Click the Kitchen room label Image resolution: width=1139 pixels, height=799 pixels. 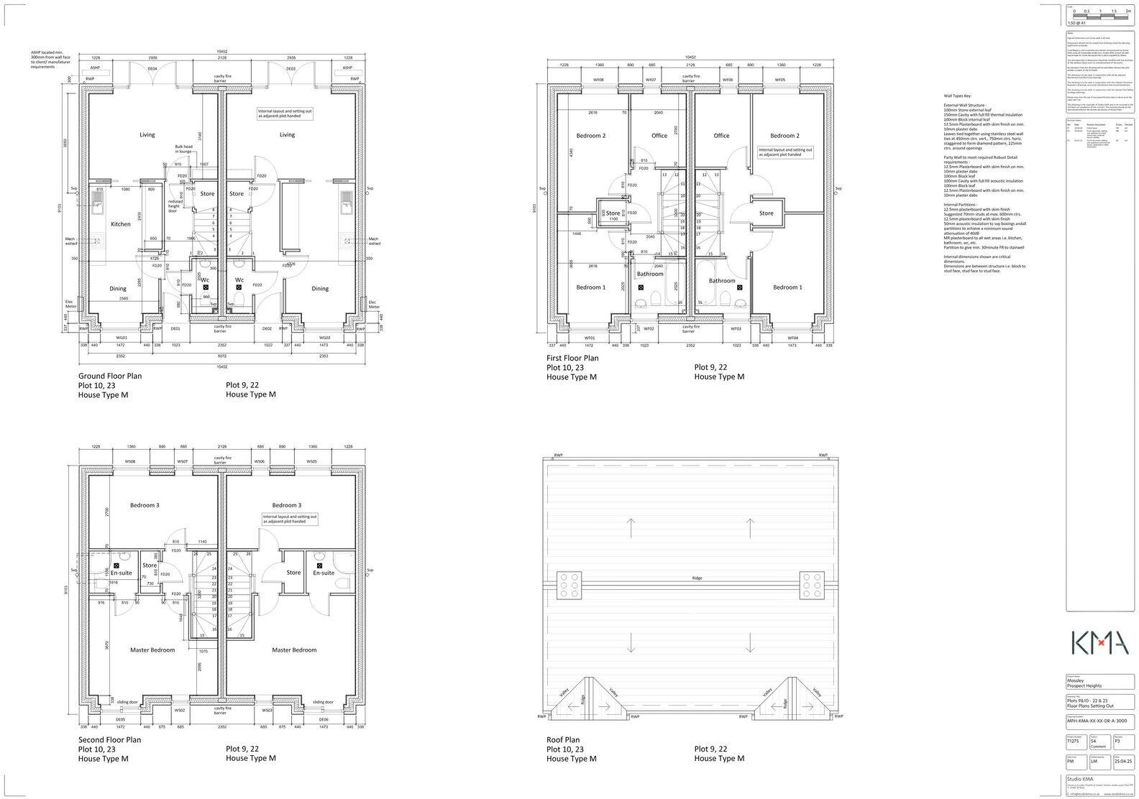point(120,224)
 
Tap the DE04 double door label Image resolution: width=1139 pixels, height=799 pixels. point(152,69)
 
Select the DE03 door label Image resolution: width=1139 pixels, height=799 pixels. point(291,69)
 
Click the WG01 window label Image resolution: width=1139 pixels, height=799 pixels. point(122,337)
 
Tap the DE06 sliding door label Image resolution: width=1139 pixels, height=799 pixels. point(324,719)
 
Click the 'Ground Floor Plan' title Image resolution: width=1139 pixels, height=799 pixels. point(109,376)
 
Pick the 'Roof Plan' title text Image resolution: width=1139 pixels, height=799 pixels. point(562,739)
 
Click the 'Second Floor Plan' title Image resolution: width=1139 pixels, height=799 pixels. point(109,739)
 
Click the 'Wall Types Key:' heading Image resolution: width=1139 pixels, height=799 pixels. point(957,96)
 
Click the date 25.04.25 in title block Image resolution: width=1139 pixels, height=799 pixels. point(1122,762)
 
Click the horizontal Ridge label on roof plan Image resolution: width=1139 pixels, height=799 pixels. point(696,578)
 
